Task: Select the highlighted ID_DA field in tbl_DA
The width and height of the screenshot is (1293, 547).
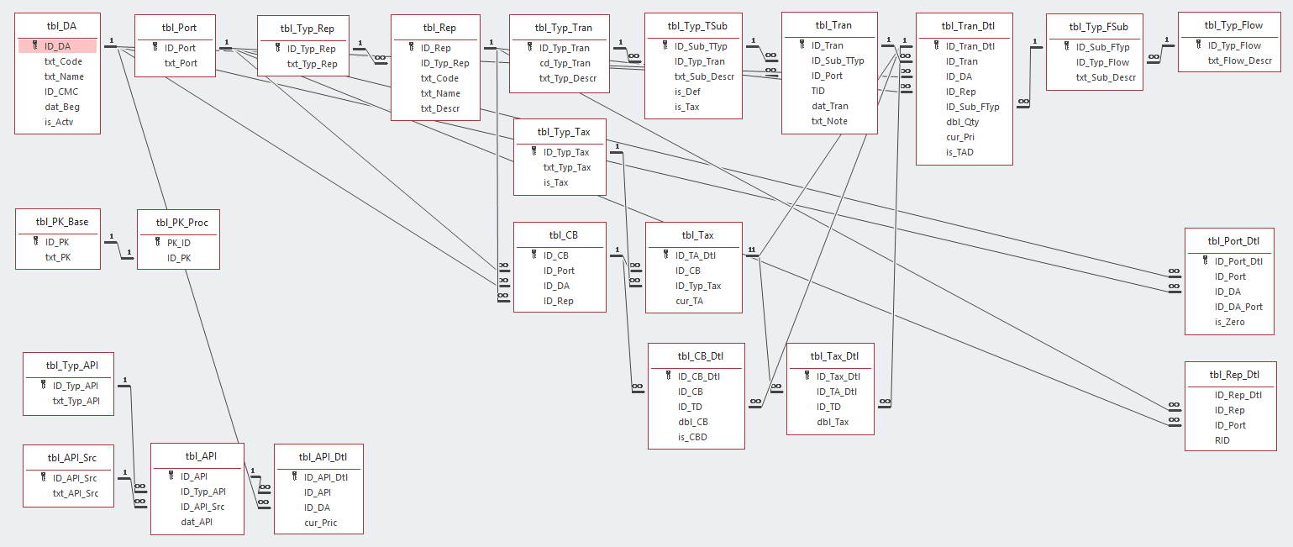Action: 57,46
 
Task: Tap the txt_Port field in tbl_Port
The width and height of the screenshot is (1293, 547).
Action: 181,63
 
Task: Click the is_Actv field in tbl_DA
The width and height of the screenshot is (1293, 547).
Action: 59,122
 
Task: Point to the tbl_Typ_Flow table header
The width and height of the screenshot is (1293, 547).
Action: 1233,25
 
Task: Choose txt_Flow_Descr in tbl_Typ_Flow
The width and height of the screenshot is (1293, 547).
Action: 1240,60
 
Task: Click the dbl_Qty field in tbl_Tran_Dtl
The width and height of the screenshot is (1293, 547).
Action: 962,122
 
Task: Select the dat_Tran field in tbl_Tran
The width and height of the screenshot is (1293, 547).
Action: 829,106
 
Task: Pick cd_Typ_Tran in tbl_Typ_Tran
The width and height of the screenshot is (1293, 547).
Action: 565,63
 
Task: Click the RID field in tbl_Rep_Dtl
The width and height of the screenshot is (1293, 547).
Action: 1222,440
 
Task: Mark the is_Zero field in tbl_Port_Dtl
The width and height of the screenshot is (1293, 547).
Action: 1229,322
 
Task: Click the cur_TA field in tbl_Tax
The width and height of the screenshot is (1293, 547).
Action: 689,301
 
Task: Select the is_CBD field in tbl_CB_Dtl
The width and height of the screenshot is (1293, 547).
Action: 691,437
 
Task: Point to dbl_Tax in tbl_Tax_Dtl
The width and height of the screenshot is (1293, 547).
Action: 833,422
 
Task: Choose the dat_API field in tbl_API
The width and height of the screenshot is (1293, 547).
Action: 197,522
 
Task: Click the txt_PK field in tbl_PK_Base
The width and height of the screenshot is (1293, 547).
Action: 59,256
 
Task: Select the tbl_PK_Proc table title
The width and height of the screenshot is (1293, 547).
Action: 181,223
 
